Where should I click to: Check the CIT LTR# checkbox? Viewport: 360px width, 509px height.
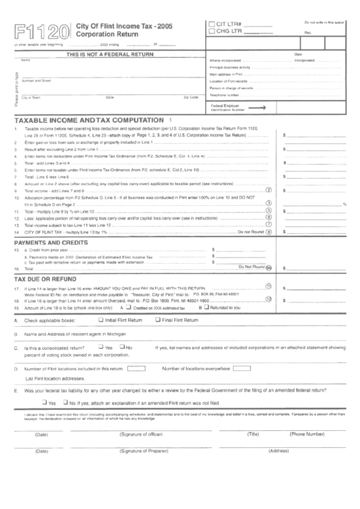[x=212, y=24]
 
